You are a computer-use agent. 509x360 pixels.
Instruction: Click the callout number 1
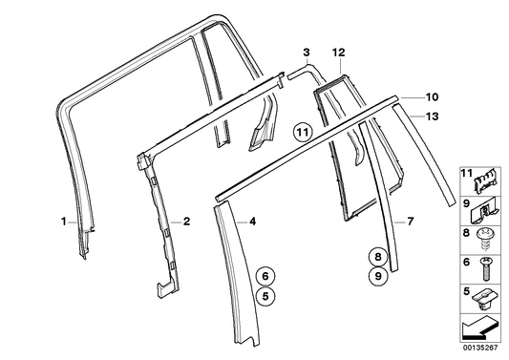point(63,222)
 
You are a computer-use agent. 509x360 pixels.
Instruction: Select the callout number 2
point(187,222)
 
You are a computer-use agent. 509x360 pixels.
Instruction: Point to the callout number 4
point(252,222)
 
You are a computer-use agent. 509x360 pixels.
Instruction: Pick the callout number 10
point(433,96)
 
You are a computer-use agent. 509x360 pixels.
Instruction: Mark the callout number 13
point(433,116)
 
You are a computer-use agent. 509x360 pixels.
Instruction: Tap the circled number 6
point(267,275)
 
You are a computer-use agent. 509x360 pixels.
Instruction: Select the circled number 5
point(267,295)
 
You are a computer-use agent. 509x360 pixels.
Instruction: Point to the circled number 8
point(378,256)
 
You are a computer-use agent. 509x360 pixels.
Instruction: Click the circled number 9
point(378,276)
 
